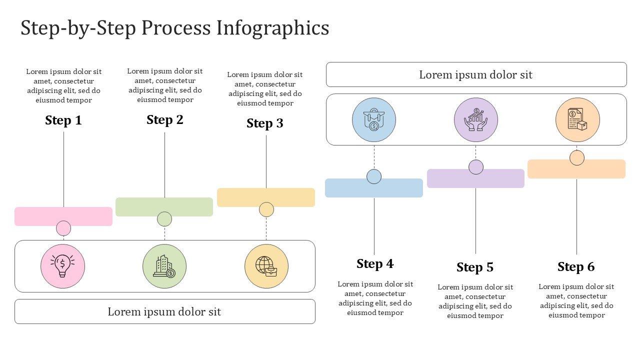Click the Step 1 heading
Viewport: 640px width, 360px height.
point(63,120)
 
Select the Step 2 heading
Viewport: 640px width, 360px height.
point(165,120)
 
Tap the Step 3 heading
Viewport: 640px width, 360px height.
point(265,123)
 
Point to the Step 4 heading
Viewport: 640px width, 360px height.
point(375,264)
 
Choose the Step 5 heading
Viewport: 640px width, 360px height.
point(475,267)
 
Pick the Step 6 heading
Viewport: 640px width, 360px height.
point(576,267)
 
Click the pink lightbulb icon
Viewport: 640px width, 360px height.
point(62,266)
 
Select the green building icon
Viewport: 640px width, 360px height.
point(164,266)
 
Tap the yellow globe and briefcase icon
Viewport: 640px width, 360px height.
point(266,266)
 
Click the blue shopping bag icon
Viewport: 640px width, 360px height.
point(374,120)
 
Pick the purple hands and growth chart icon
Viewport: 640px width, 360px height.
point(476,120)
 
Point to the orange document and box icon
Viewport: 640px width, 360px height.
point(577,120)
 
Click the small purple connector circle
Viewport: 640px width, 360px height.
point(476,167)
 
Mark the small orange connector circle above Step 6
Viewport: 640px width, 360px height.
point(577,157)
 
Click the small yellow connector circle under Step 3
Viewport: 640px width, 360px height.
point(266,209)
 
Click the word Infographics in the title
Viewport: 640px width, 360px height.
point(272,28)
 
